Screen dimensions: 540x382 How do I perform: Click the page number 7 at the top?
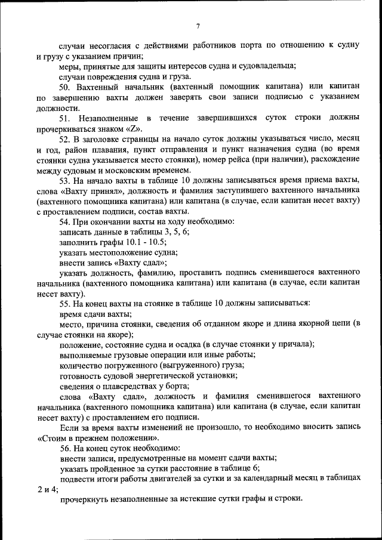coord(198,25)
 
